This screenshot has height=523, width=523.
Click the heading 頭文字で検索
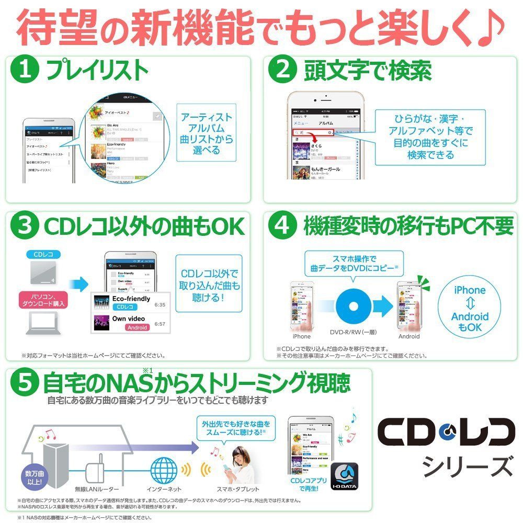pyautogui.click(x=368, y=71)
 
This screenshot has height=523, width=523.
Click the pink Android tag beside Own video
pyautogui.click(x=137, y=327)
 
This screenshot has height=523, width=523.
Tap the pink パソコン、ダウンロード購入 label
pyautogui.click(x=45, y=300)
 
